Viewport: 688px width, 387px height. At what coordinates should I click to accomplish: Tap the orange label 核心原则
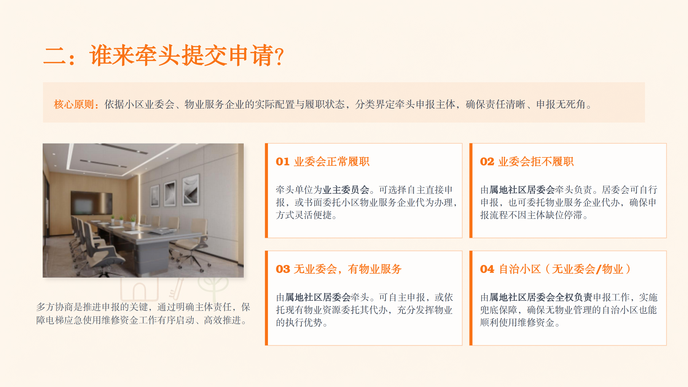(74, 104)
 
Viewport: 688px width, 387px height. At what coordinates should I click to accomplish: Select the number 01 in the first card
(282, 162)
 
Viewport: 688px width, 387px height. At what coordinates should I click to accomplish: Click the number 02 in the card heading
(487, 162)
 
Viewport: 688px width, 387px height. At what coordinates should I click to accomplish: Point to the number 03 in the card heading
(283, 269)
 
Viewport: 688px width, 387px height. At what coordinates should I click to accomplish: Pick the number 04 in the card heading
(487, 269)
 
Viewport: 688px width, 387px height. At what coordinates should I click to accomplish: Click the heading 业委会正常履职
(332, 162)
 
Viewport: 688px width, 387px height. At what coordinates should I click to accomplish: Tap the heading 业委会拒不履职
(536, 162)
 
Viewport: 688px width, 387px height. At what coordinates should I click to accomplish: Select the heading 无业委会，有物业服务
(348, 269)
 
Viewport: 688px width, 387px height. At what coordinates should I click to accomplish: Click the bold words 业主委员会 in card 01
(346, 190)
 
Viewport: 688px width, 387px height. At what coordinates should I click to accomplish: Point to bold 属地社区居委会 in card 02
(522, 190)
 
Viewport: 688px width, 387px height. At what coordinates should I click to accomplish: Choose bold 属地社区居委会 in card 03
(318, 297)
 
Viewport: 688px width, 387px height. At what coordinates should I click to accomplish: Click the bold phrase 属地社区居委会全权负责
(541, 297)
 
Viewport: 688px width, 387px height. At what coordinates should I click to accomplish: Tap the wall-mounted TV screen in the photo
(91, 203)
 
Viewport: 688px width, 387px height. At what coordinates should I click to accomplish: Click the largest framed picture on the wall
(191, 190)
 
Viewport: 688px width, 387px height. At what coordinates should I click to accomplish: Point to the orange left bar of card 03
(266, 298)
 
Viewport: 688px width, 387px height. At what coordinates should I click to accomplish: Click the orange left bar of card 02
(471, 191)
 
